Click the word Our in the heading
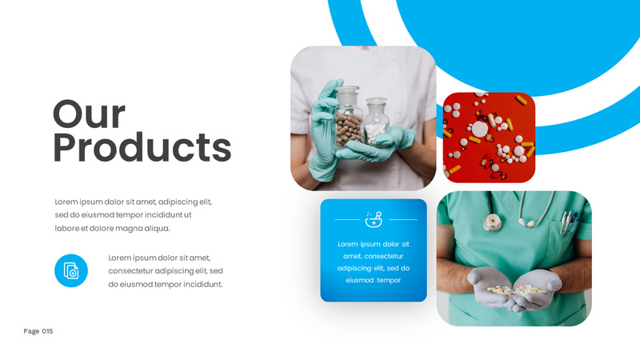click(89, 114)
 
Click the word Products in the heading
click(142, 148)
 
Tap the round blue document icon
click(71, 270)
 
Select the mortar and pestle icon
click(374, 218)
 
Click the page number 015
click(48, 331)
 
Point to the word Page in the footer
click(31, 331)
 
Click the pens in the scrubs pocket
click(569, 221)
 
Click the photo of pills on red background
click(489, 137)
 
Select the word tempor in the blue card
click(389, 281)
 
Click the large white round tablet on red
click(478, 129)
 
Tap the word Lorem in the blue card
click(348, 244)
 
